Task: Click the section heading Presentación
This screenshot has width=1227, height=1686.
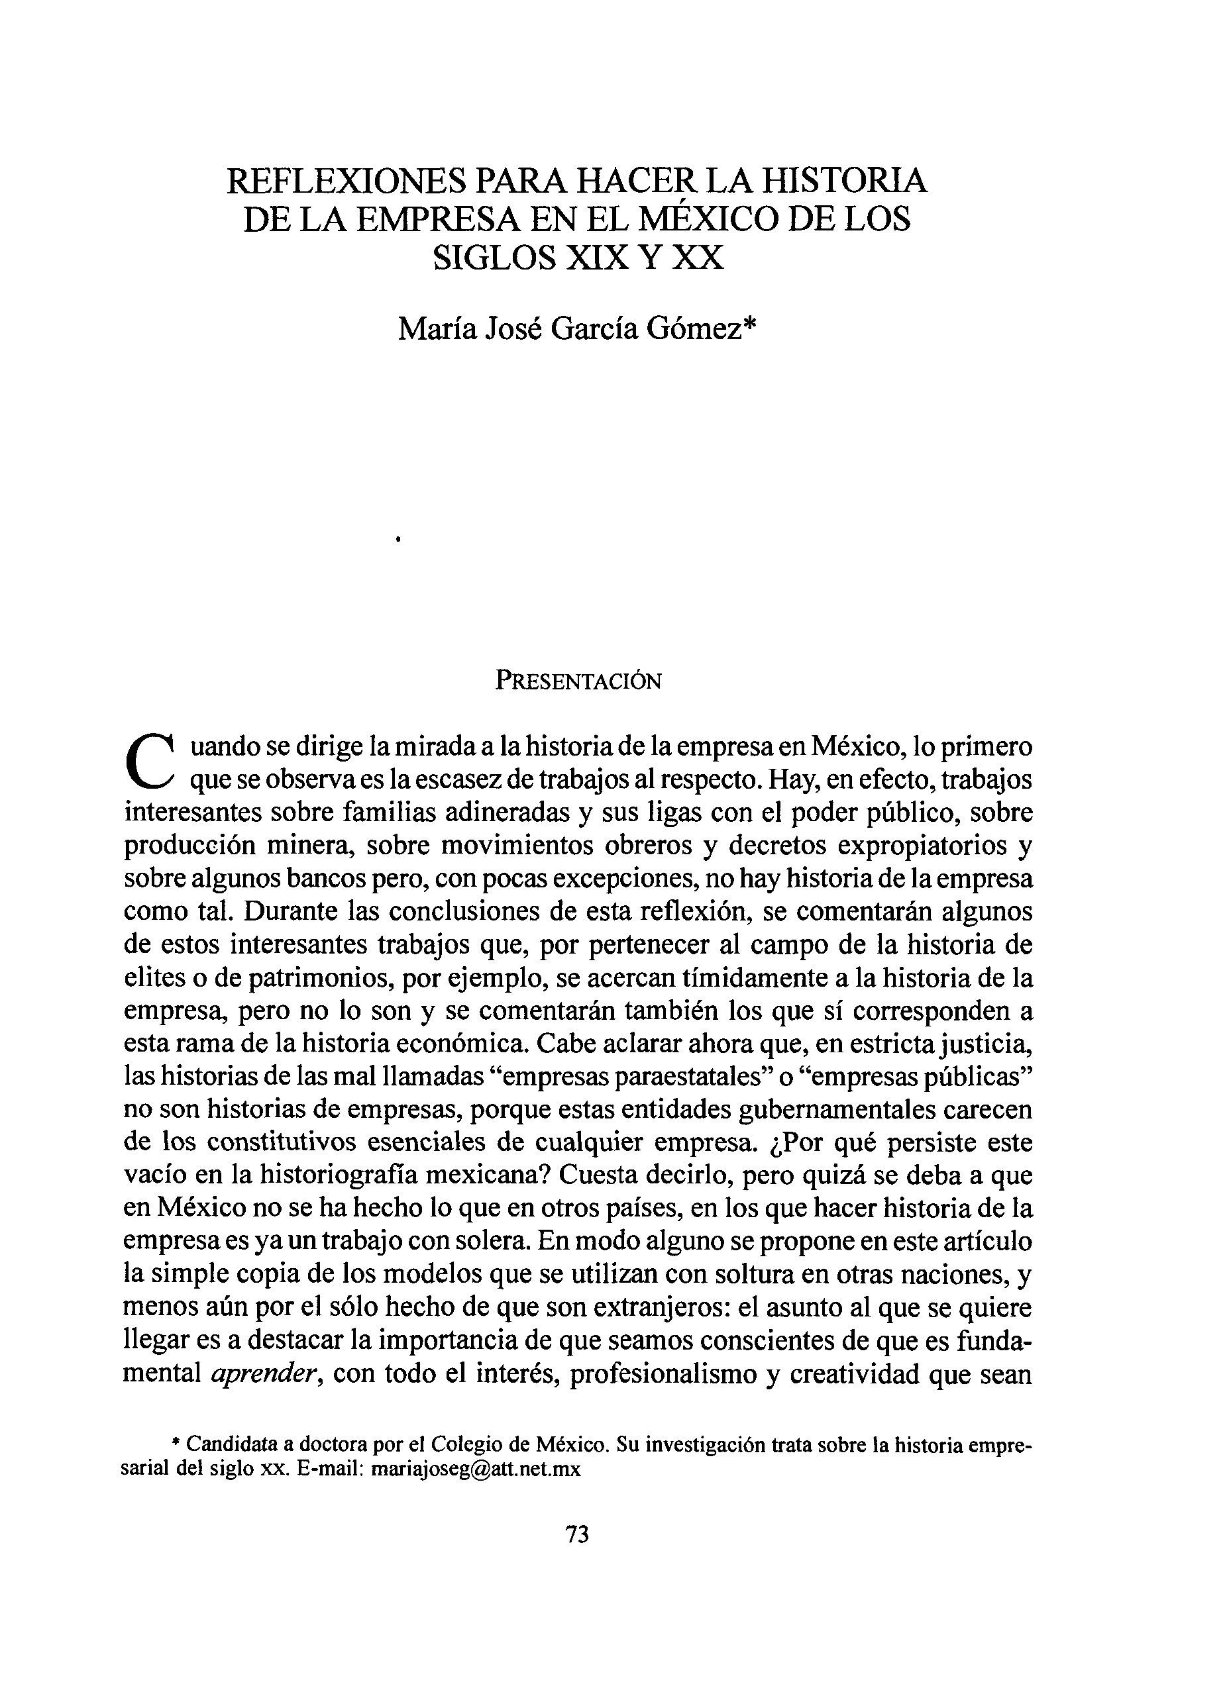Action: pyautogui.click(x=578, y=681)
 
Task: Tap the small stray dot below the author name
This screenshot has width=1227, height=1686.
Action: pyautogui.click(x=399, y=539)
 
